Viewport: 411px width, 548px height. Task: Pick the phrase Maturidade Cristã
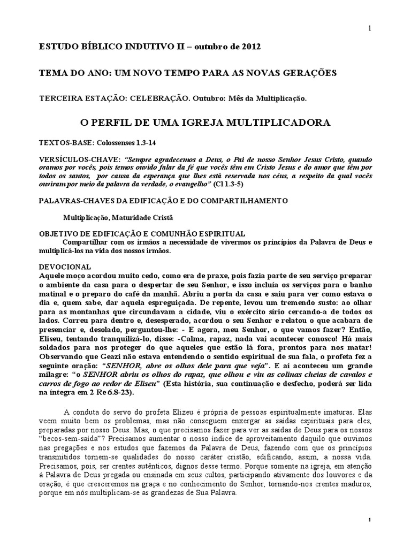(x=143, y=217)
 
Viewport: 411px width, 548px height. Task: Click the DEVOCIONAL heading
(x=65, y=266)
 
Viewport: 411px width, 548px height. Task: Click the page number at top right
(x=369, y=28)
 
